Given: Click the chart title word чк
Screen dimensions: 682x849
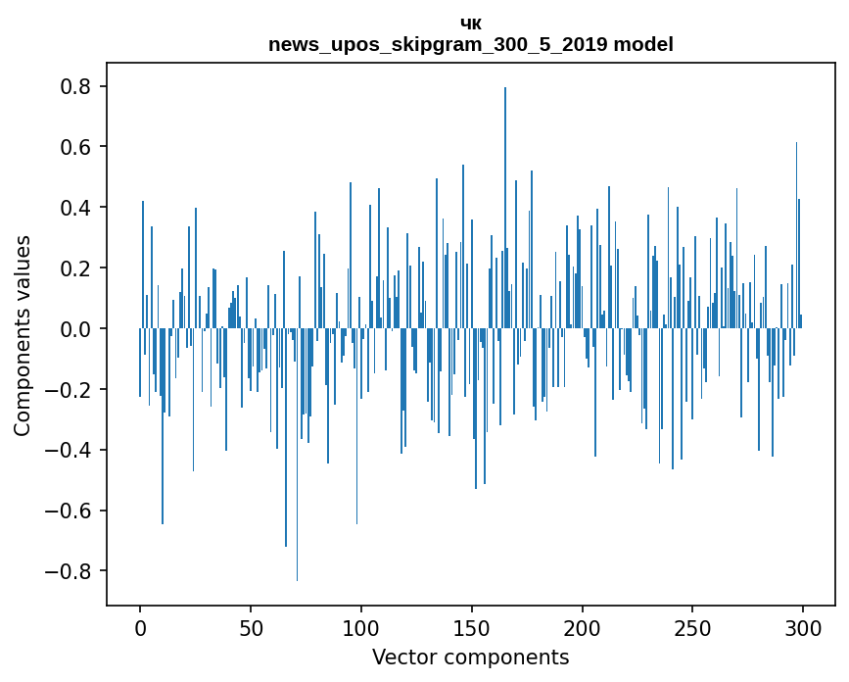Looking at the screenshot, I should (471, 24).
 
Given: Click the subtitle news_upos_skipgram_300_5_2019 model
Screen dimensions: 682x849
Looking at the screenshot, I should (471, 44).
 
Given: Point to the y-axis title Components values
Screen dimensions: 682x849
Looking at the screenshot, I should (23, 335).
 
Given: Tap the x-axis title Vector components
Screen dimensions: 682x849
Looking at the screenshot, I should (470, 658).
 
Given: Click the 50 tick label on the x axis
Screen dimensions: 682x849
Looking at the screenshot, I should (251, 627).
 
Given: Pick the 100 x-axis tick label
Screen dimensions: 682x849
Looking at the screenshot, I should (361, 627).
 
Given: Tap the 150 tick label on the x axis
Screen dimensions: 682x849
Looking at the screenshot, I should (471, 627).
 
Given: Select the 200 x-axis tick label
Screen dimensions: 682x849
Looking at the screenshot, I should (582, 627).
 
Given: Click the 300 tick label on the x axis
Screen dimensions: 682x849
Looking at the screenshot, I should (803, 627).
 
